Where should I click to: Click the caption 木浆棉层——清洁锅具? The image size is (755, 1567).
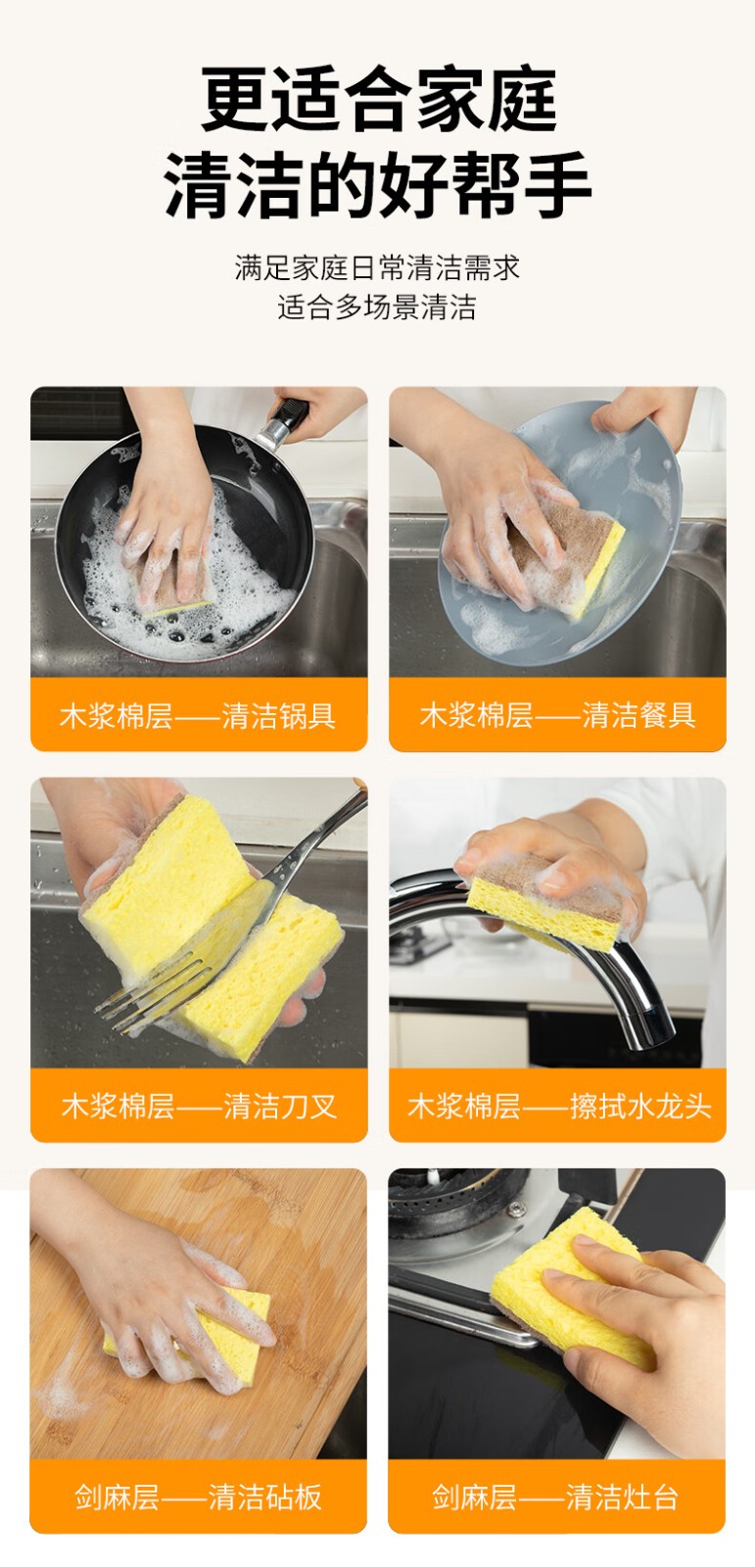pos(198,716)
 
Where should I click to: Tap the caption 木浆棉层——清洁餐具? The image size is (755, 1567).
pos(557,716)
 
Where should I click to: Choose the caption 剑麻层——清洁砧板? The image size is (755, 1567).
pos(198,1497)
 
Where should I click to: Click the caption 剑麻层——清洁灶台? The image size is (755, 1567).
pos(555,1497)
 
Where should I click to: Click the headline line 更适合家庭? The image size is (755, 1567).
pos(379,99)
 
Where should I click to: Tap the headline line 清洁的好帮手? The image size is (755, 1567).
pos(378,183)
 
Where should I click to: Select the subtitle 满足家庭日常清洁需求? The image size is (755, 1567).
pos(378,267)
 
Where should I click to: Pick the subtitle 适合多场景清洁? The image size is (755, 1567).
pos(377,308)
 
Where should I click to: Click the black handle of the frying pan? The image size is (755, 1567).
pos(286,421)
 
